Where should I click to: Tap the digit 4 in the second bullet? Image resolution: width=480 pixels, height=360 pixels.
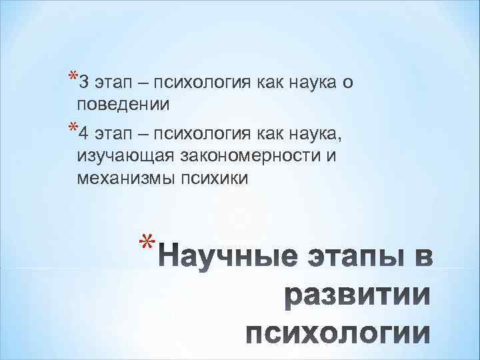(81, 137)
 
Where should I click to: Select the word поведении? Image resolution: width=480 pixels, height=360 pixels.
(123, 105)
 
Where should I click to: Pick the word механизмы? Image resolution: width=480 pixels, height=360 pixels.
(123, 178)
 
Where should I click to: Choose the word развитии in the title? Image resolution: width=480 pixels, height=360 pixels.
(357, 295)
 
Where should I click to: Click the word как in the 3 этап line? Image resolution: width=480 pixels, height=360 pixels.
(269, 84)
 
